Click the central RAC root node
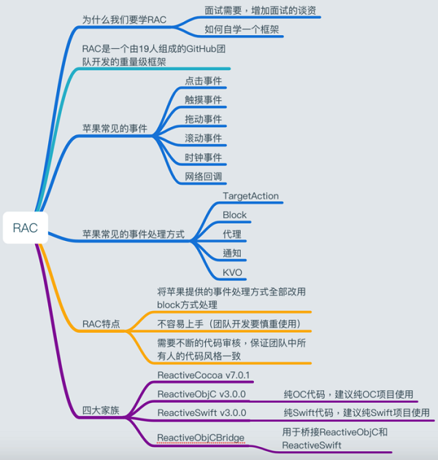[25, 229]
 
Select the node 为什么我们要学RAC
[125, 19]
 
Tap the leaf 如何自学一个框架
[242, 30]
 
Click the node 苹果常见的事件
[115, 128]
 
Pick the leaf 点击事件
[204, 80]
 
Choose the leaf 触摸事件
[204, 99]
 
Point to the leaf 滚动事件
[204, 138]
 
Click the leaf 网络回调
[204, 176]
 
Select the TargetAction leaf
[251, 196]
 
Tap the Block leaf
[235, 215]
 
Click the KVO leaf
[233, 272]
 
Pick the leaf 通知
[232, 253]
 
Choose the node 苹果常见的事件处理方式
[133, 235]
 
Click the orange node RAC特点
[101, 323]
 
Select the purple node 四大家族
[101, 410]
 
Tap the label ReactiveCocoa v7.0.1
[204, 375]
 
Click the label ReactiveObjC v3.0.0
[202, 394]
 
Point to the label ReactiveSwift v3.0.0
[202, 413]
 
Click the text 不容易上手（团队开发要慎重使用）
[228, 323]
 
